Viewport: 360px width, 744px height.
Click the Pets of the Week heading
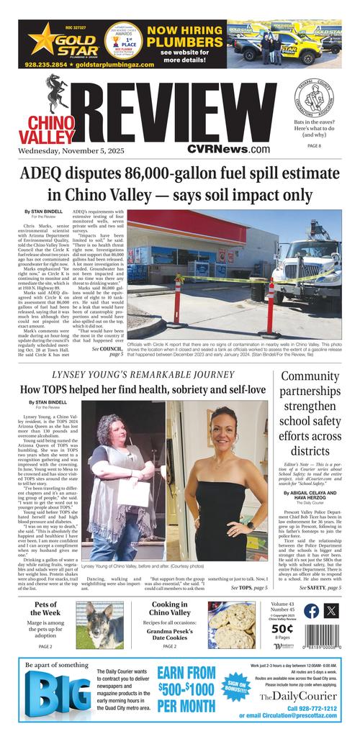click(45, 608)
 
